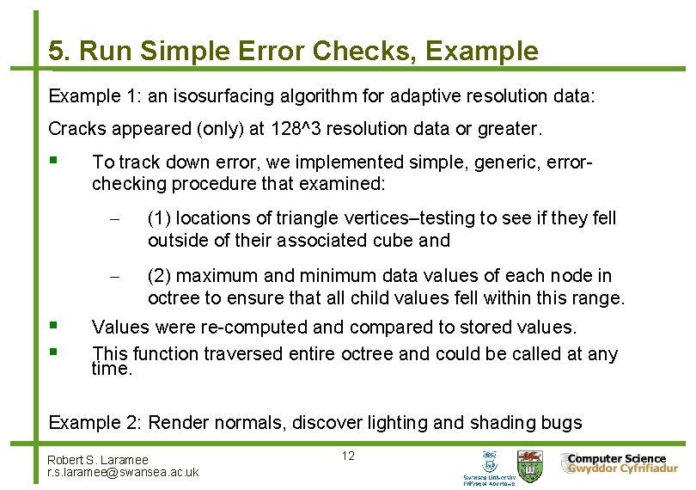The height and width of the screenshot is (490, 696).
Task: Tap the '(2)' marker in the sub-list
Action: point(159,276)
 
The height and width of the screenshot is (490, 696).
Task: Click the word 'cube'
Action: point(394,241)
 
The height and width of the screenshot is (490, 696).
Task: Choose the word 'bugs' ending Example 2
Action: point(562,422)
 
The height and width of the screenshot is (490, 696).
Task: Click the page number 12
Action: point(348,456)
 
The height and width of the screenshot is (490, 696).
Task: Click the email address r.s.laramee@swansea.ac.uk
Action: point(123,472)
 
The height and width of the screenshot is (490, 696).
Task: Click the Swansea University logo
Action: point(490,468)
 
